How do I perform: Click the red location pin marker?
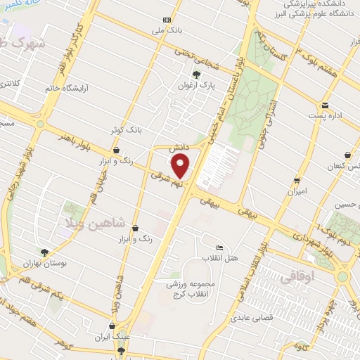coord(181,167)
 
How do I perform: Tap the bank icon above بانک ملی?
coord(167,20)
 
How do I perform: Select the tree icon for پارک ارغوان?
coord(196,74)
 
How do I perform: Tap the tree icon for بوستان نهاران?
coord(45,252)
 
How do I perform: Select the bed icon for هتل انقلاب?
coord(219,248)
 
